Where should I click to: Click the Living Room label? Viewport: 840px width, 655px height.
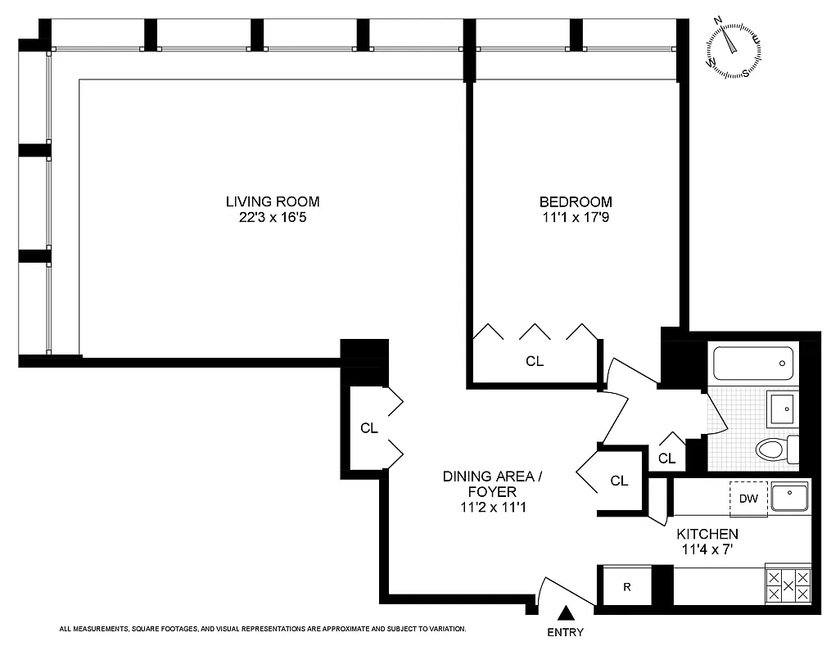pyautogui.click(x=273, y=201)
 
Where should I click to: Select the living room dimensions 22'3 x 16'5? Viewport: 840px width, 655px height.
pyautogui.click(x=273, y=219)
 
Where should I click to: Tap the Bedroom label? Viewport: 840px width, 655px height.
pyautogui.click(x=575, y=201)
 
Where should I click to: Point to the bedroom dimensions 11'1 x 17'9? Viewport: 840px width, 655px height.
pyautogui.click(x=575, y=219)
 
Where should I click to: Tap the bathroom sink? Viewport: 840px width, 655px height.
pyautogui.click(x=782, y=407)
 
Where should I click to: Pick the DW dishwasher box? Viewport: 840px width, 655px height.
pyautogui.click(x=748, y=498)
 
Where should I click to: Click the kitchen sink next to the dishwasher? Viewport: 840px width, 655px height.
pyautogui.click(x=788, y=495)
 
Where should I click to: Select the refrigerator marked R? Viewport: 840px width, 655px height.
pyautogui.click(x=626, y=586)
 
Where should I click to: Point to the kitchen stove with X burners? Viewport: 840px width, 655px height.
pyautogui.click(x=788, y=585)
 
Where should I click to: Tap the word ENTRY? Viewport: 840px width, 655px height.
pyautogui.click(x=565, y=632)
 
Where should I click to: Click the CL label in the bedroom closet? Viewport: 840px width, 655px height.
pyautogui.click(x=535, y=361)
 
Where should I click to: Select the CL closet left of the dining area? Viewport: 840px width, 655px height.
pyautogui.click(x=369, y=428)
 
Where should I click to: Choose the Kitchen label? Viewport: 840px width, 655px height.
pyautogui.click(x=707, y=533)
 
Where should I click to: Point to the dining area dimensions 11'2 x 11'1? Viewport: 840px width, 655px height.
pyautogui.click(x=491, y=508)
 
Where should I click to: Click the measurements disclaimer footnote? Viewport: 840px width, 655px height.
pyautogui.click(x=263, y=629)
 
